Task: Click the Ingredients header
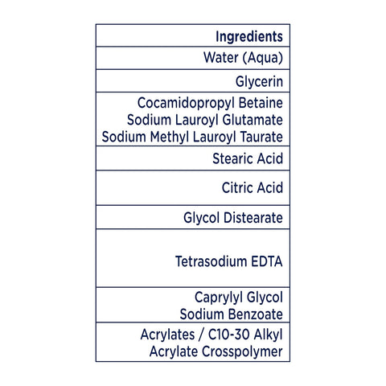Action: (249, 37)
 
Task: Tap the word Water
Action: (221, 57)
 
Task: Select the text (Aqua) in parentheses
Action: (263, 58)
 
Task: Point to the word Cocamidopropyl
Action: (186, 103)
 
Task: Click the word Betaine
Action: (261, 103)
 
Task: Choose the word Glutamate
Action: (253, 120)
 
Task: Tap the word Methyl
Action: (170, 137)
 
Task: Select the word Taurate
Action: (261, 137)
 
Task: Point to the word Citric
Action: (237, 187)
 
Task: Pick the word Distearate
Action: (253, 217)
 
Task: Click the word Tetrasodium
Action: (211, 261)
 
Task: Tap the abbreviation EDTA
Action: (267, 261)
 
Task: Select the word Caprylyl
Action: (219, 298)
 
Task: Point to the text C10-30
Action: (229, 335)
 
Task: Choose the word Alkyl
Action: (269, 335)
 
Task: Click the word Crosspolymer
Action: (242, 352)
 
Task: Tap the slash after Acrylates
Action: (201, 335)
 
